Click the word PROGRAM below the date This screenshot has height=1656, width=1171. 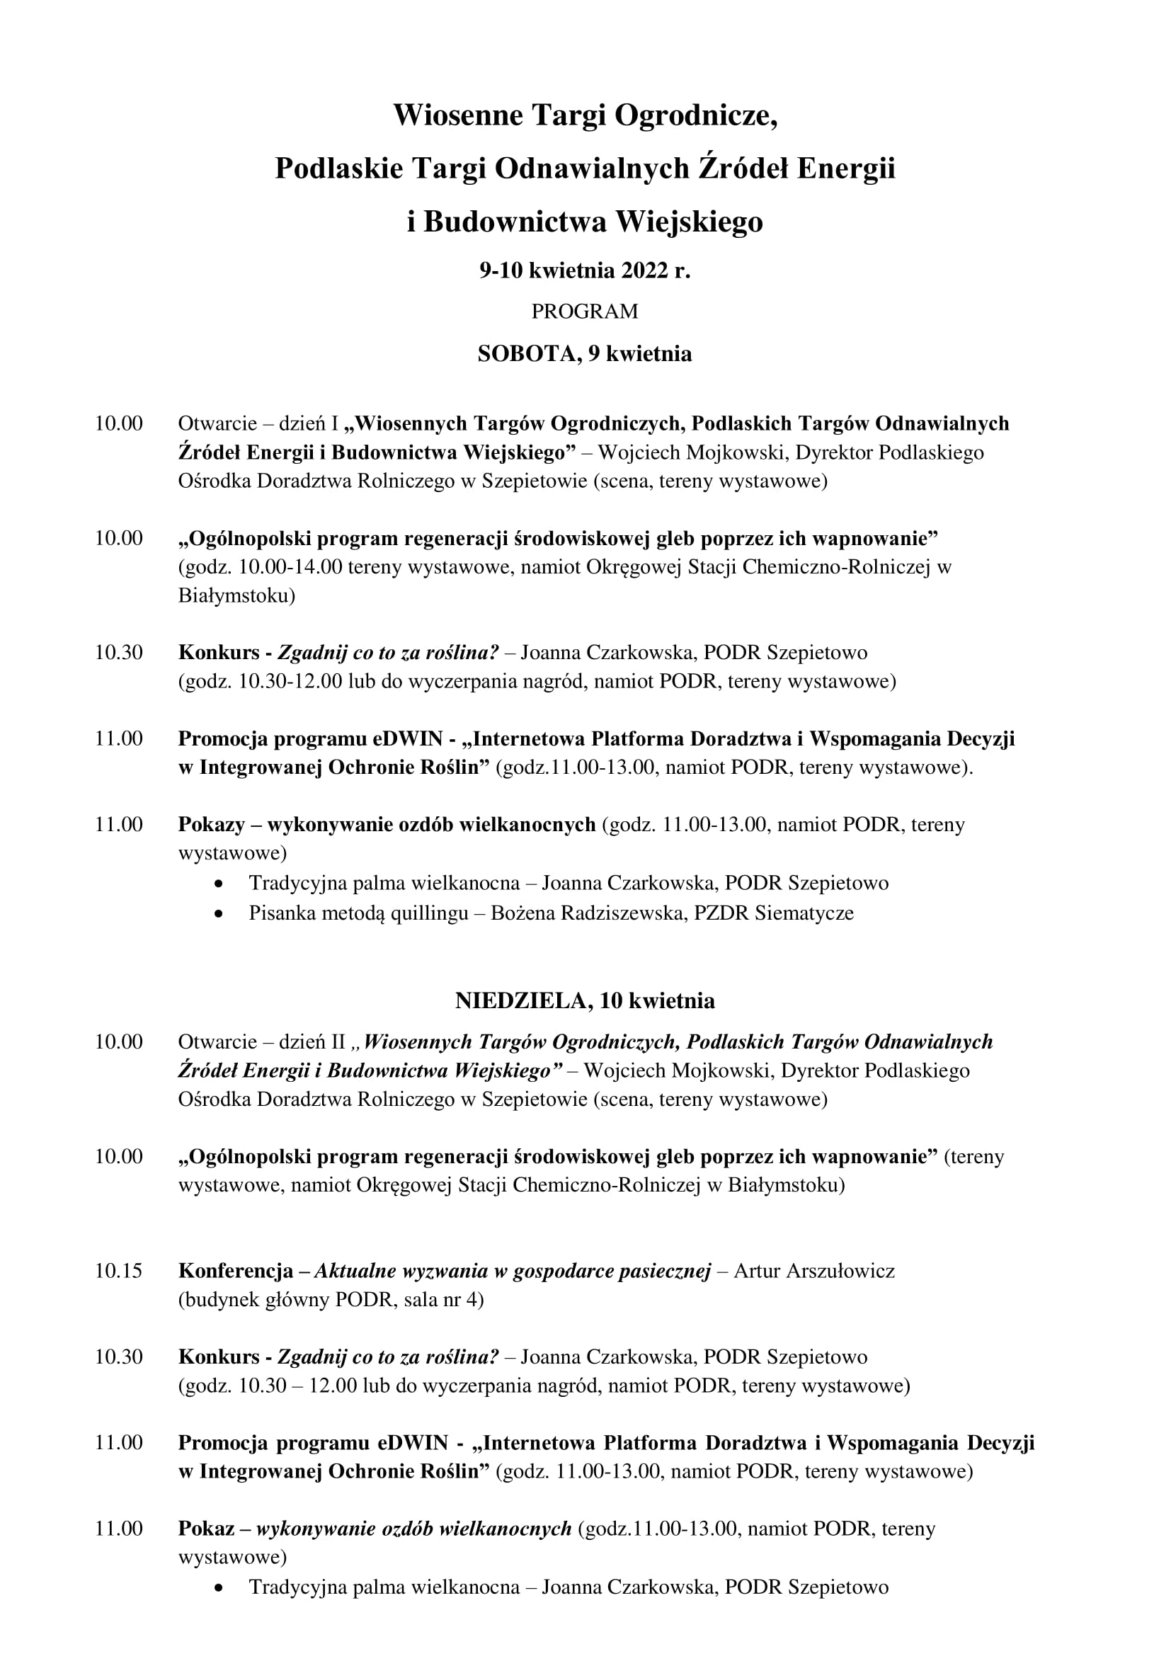tap(584, 312)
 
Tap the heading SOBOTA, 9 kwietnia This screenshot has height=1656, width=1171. tap(584, 353)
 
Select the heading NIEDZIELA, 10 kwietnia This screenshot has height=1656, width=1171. tap(585, 1000)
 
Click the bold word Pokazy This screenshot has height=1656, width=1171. tap(209, 823)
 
